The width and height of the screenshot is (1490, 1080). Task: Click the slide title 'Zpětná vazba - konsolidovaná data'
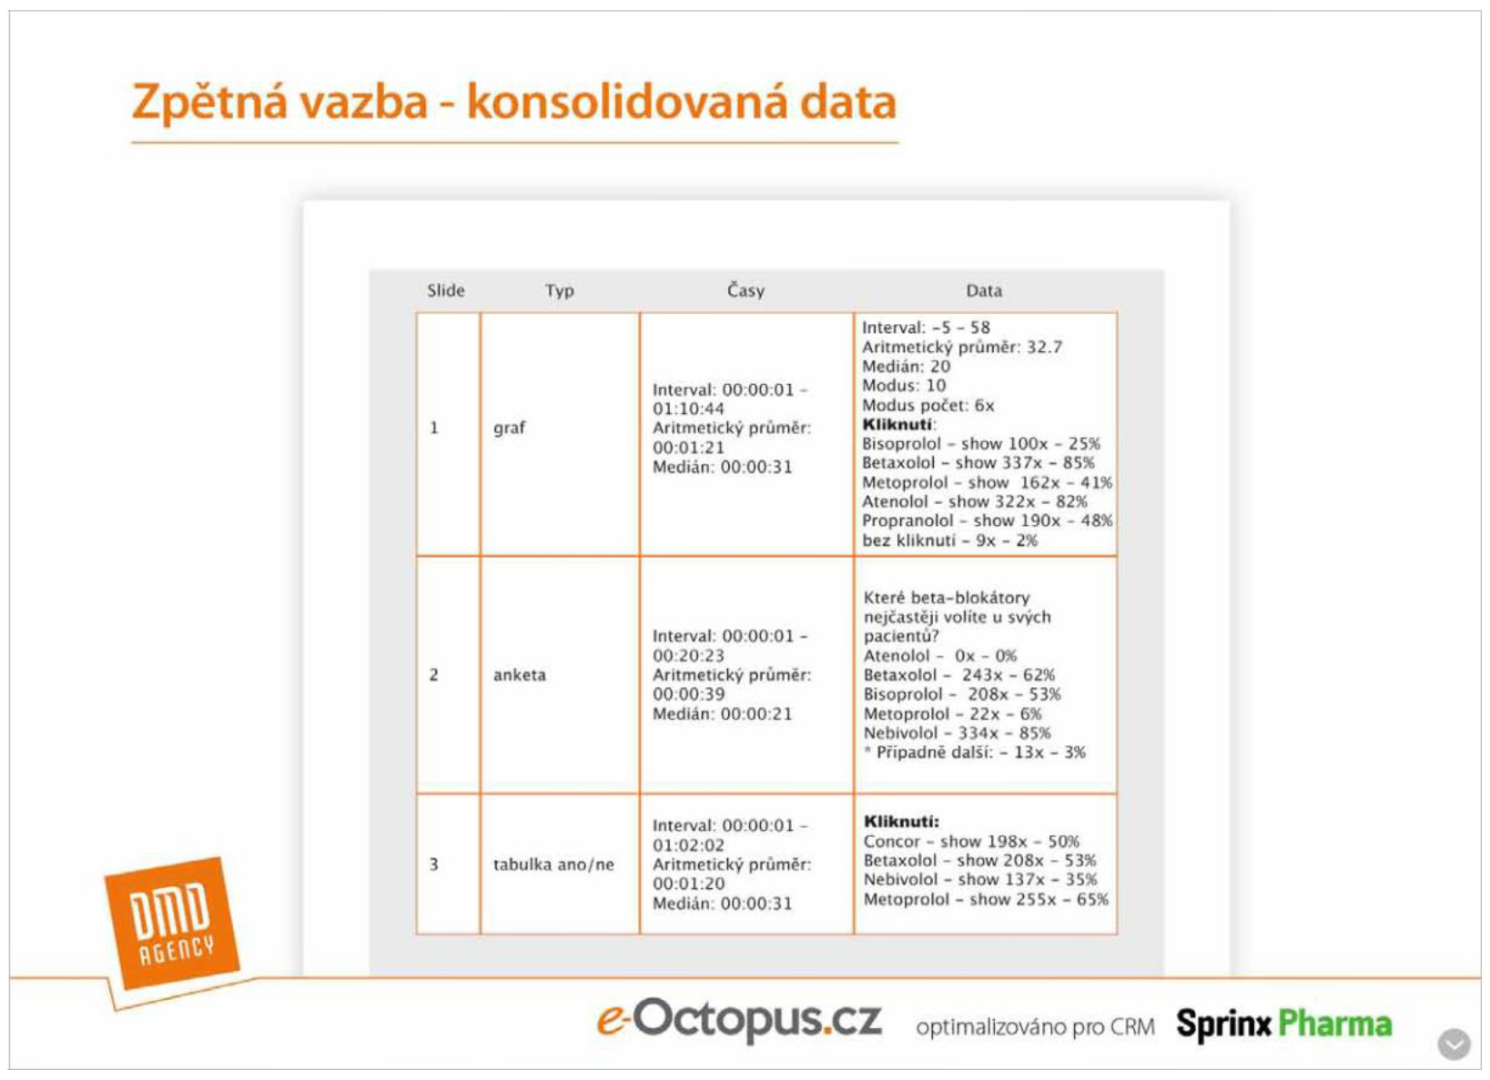(514, 103)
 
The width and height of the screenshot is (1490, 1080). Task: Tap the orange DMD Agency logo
(172, 924)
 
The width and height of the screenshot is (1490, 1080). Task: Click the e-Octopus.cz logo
(738, 1019)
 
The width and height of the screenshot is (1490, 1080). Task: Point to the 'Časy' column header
(745, 290)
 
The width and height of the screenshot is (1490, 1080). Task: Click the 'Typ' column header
(560, 291)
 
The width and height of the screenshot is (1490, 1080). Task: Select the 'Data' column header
(984, 290)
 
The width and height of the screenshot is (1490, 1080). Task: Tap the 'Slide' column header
(446, 290)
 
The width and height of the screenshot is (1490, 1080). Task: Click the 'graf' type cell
(509, 428)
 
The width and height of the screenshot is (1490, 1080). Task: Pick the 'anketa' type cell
(520, 675)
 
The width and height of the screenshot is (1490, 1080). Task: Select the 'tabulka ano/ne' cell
(553, 864)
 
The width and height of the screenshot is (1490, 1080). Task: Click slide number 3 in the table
(433, 864)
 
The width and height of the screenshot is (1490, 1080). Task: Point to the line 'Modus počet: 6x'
(927, 405)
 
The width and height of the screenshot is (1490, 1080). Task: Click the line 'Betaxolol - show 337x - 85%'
(978, 463)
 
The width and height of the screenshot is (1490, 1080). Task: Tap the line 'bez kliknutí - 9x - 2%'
(950, 540)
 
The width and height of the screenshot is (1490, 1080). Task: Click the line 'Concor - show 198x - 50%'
(971, 842)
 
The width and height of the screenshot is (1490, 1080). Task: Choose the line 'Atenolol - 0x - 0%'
(940, 656)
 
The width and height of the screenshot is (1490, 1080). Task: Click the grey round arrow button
(1455, 1045)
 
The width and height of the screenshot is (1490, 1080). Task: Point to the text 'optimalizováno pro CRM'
(1035, 1027)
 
